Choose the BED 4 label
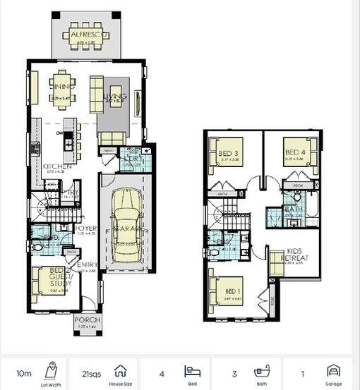294,152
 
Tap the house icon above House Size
120,370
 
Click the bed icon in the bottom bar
189,370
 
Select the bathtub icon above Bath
260,370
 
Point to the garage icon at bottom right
332,370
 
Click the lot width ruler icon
50,369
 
